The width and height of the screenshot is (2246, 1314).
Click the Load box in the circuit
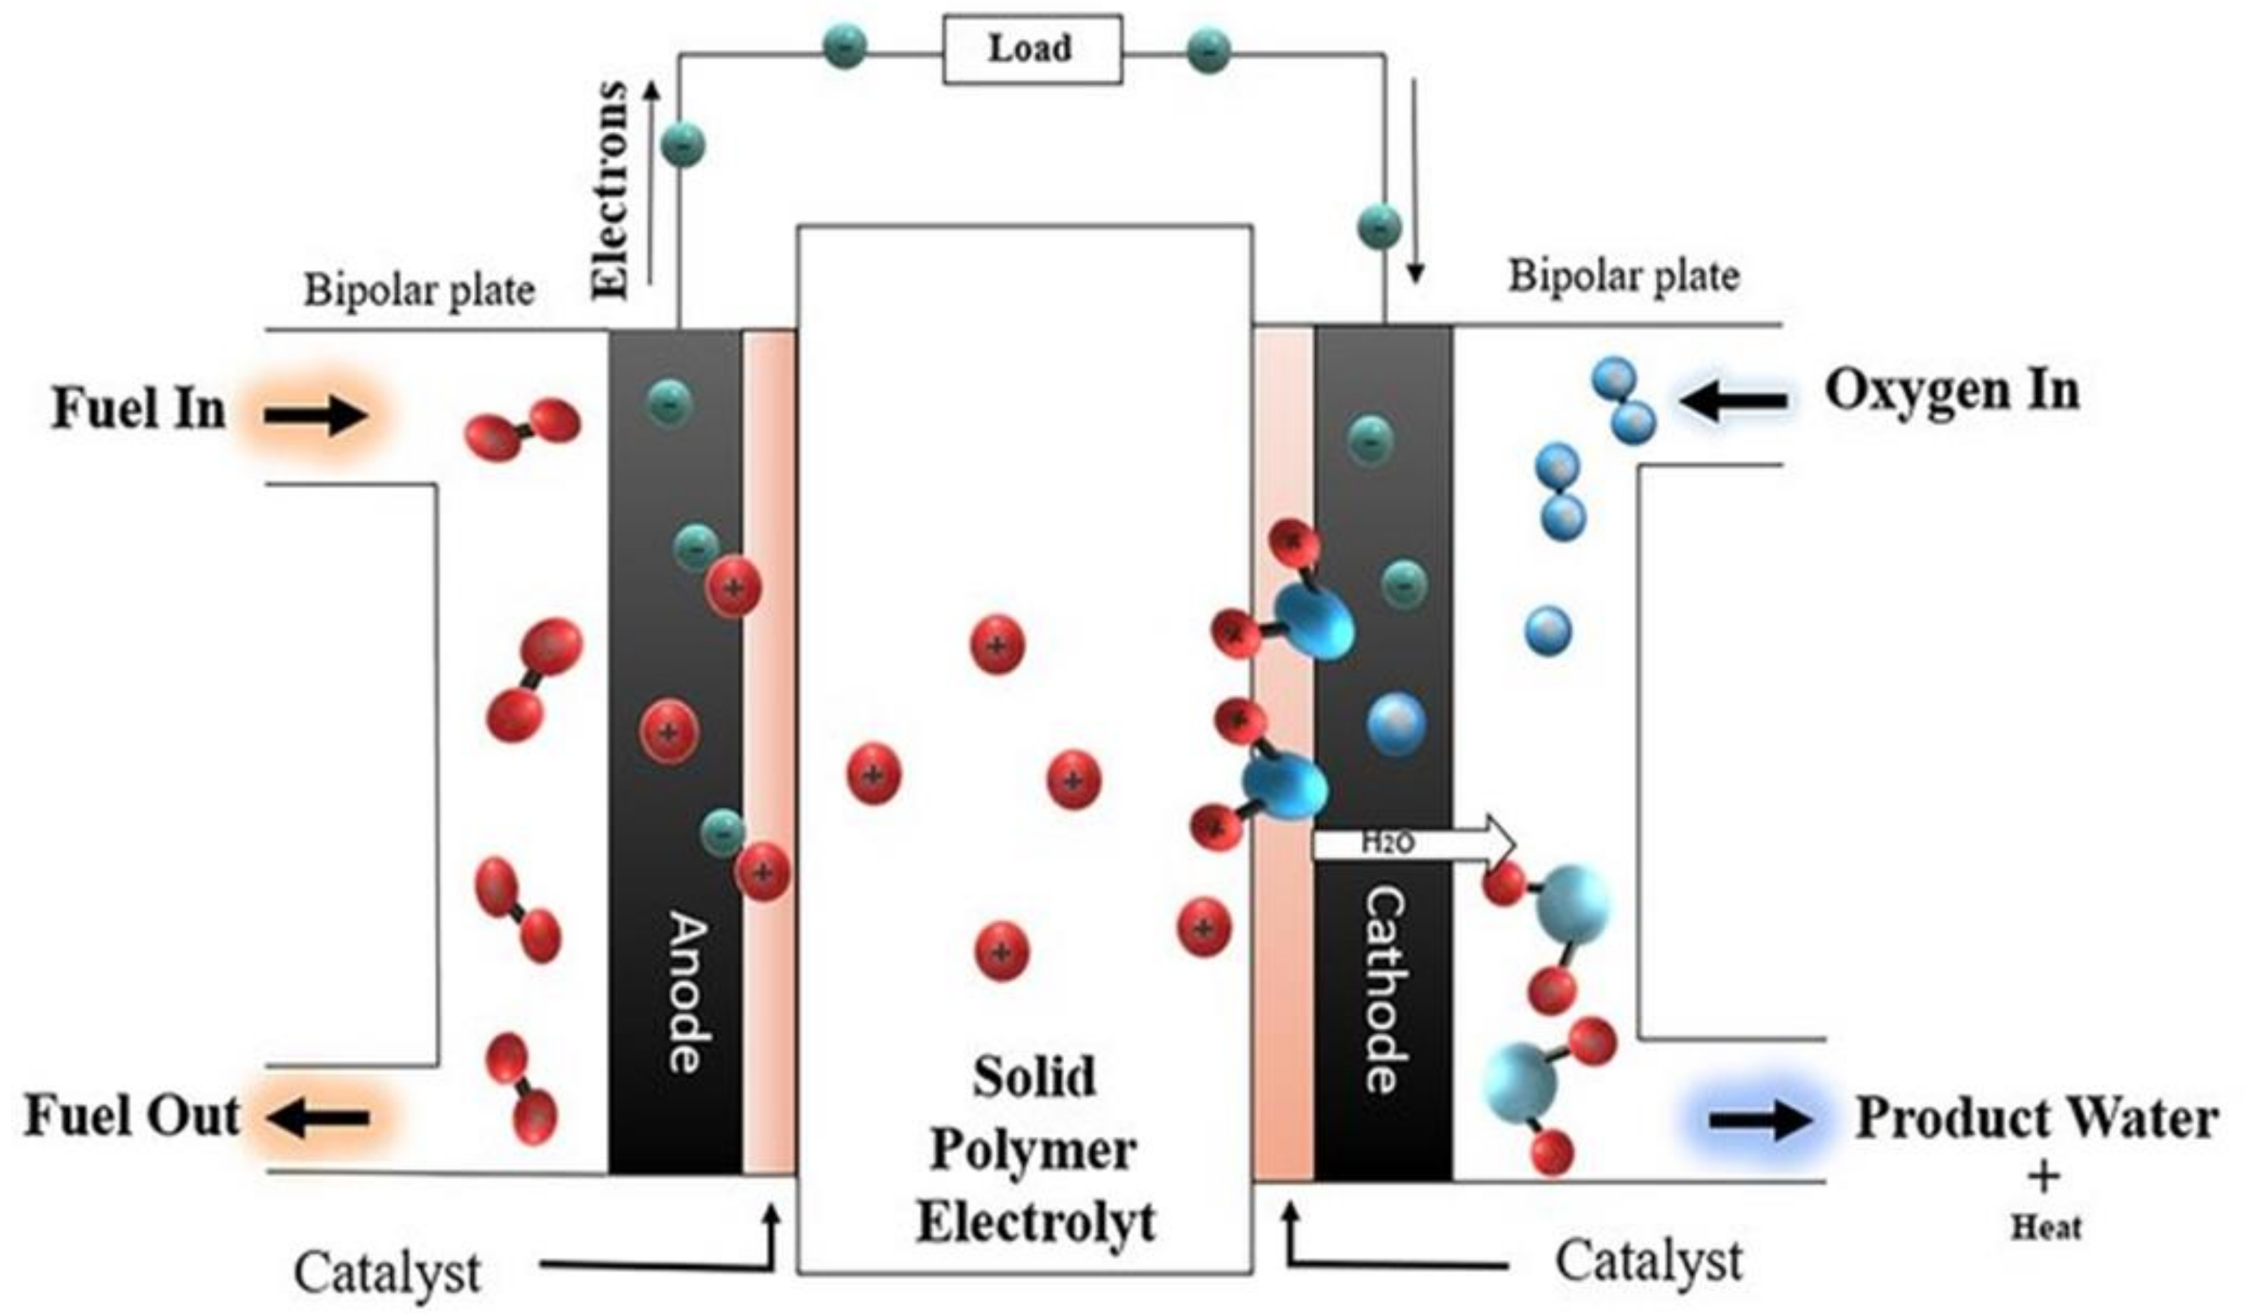click(1031, 50)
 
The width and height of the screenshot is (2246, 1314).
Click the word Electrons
click(611, 189)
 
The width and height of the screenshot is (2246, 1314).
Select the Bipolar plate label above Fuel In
click(419, 291)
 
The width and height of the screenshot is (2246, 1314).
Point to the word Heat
click(2045, 1228)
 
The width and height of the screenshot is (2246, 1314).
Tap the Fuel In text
click(138, 409)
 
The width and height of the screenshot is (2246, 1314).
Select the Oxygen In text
click(1952, 390)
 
